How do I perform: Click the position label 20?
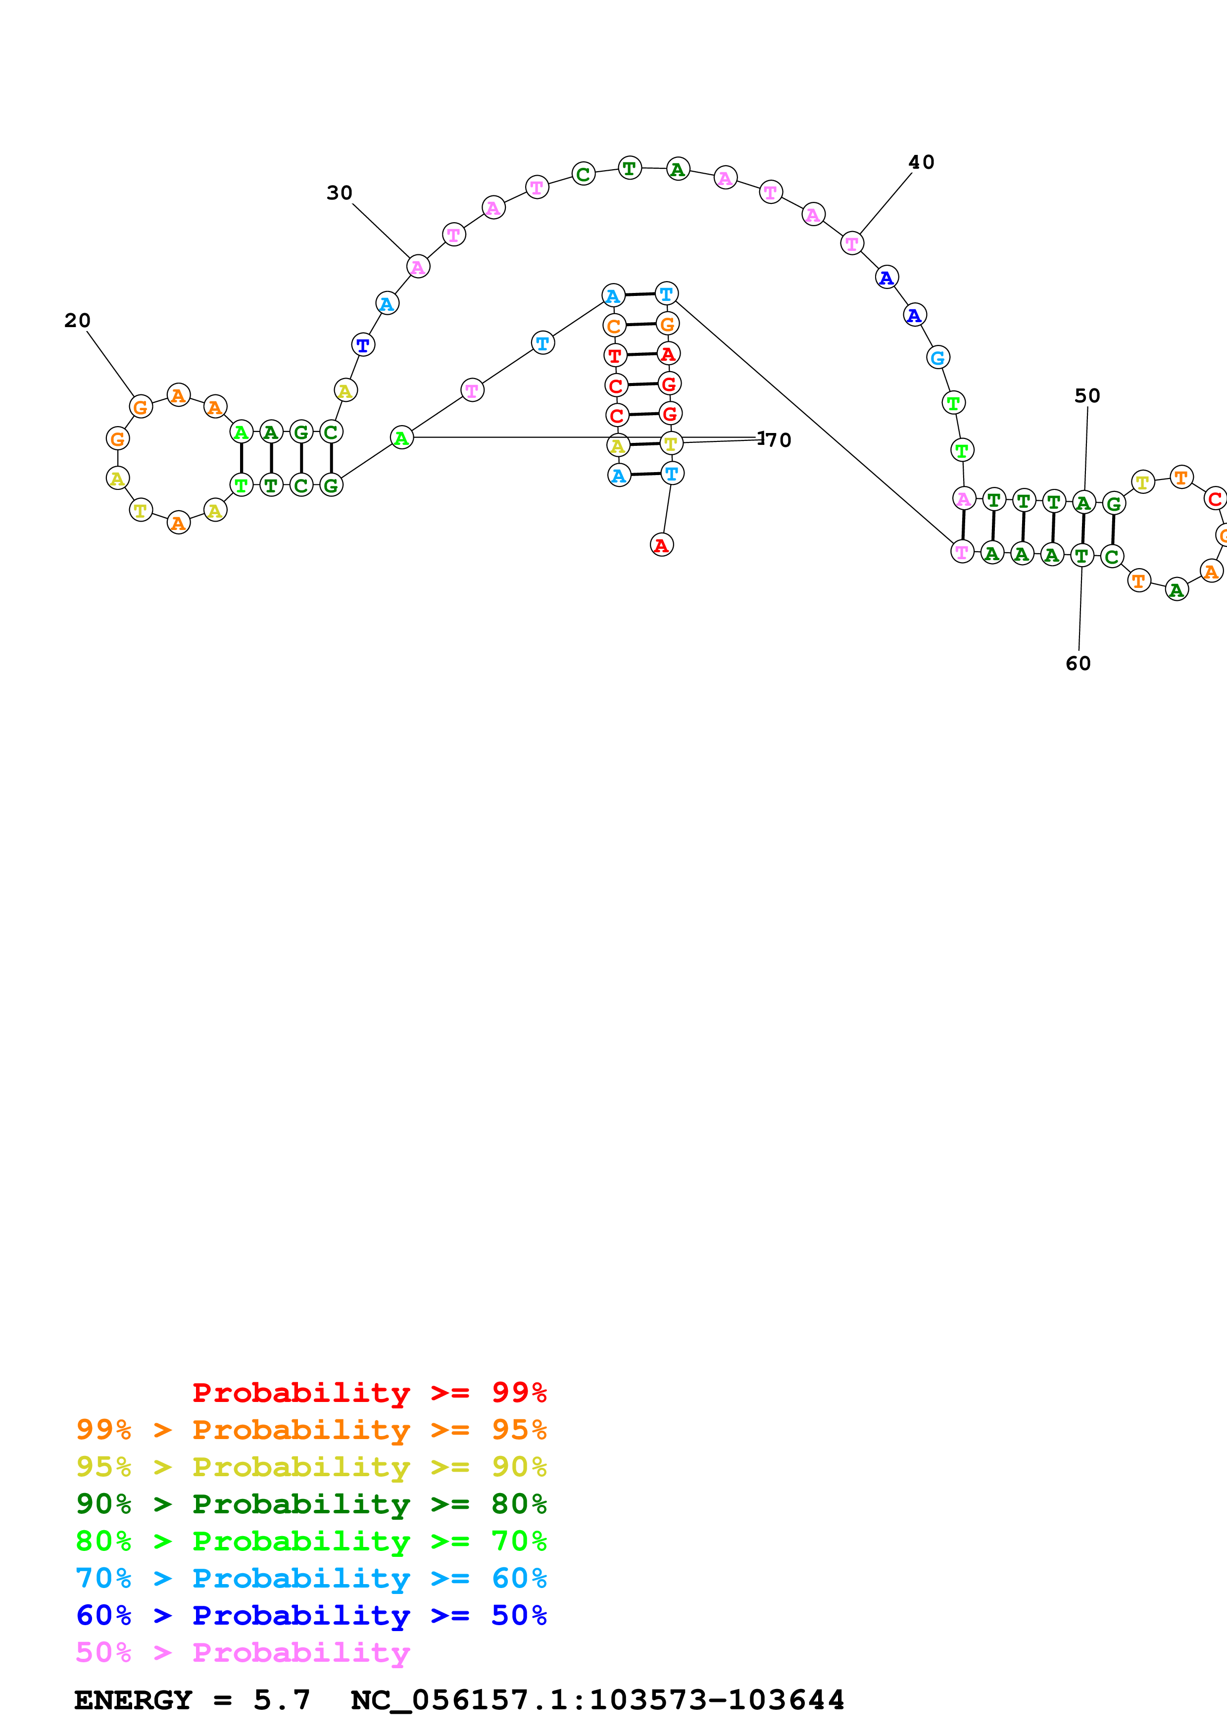click(77, 321)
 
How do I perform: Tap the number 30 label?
click(340, 193)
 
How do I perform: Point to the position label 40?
click(921, 162)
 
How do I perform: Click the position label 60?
click(1078, 663)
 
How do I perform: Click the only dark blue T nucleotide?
click(363, 345)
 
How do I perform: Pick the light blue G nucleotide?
click(937, 358)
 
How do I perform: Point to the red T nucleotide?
click(615, 355)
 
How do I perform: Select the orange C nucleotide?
click(614, 327)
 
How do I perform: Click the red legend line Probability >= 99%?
click(369, 1393)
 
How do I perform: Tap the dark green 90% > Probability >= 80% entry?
click(311, 1504)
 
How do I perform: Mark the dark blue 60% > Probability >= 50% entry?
click(311, 1615)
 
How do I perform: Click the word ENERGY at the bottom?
click(132, 1700)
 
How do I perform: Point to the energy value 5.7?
click(281, 1700)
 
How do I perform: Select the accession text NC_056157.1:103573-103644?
click(597, 1700)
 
